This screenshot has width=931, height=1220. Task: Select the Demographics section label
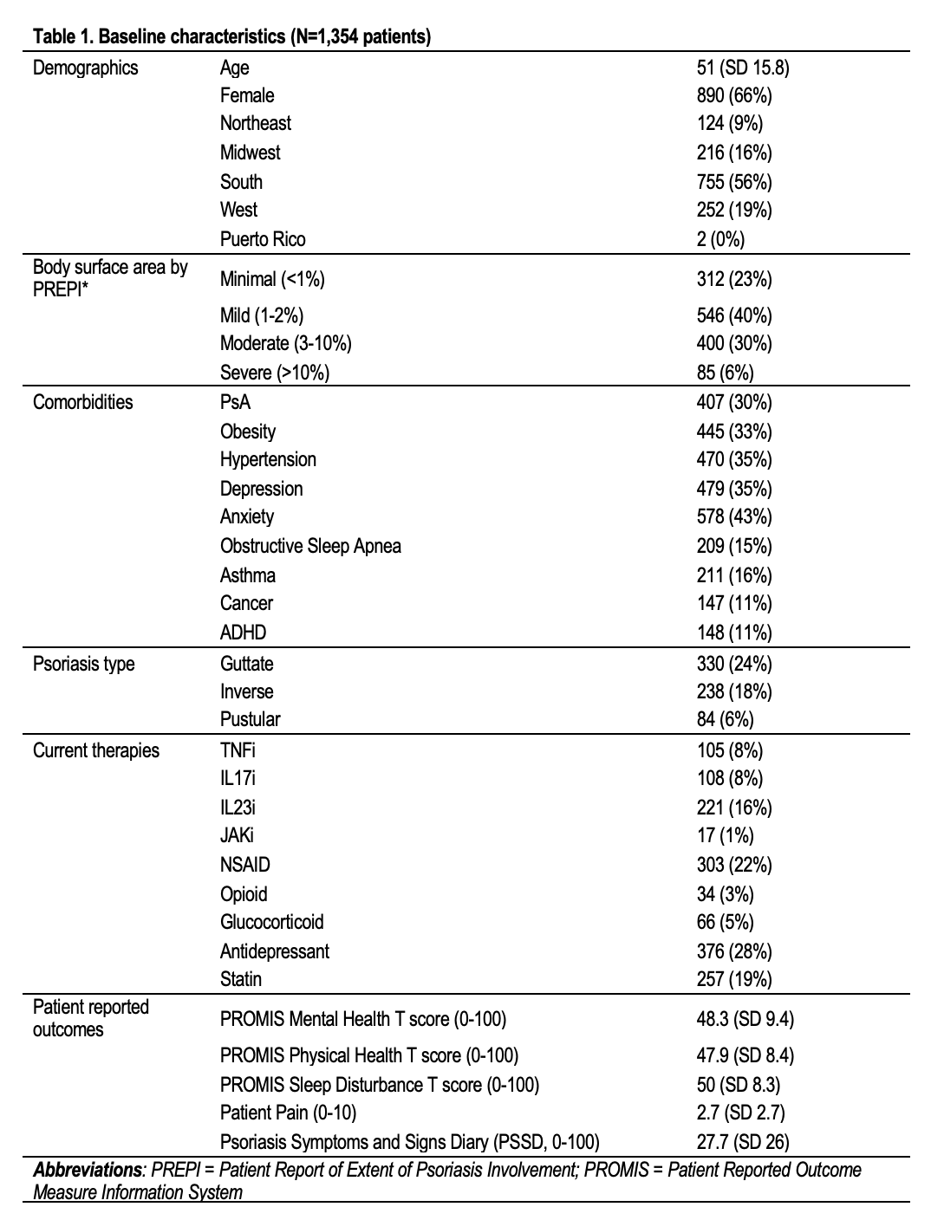(85, 68)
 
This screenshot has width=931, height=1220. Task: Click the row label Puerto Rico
(263, 239)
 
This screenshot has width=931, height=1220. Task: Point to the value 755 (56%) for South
(733, 182)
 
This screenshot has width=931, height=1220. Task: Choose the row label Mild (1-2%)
(262, 315)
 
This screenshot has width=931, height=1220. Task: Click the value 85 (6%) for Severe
(725, 373)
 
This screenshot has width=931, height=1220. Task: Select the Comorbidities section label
(83, 402)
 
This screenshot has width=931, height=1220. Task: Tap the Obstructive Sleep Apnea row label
(310, 546)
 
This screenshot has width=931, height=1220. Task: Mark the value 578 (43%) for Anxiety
(733, 517)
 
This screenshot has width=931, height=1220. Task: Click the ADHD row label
(243, 633)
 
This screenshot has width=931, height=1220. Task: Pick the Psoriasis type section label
(84, 664)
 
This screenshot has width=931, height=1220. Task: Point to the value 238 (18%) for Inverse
(733, 691)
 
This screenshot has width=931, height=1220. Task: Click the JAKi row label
(237, 835)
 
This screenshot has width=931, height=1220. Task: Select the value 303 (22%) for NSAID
(733, 865)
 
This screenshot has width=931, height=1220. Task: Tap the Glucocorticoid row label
(271, 922)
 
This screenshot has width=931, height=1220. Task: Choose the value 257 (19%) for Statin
(733, 979)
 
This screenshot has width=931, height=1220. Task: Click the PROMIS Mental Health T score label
(362, 1018)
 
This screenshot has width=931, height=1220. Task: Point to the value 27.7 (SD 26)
(742, 1141)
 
